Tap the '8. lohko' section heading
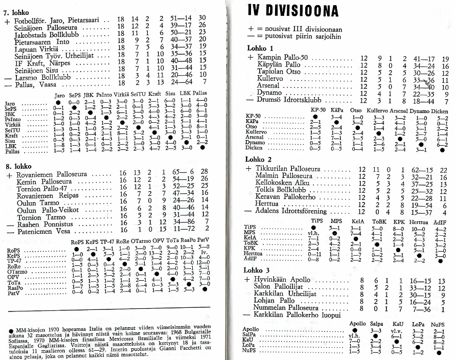17,167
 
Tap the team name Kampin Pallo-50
283,58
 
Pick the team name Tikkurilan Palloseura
289,169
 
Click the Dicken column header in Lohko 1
441,110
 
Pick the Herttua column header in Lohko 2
419,222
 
